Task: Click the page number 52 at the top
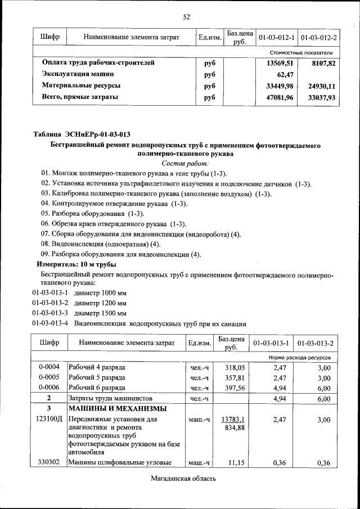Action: coord(186,17)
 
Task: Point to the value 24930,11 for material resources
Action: coord(322,86)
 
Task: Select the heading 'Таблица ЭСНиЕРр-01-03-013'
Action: coord(82,134)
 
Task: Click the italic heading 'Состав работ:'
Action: coord(185,163)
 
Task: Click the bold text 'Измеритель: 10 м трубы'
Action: coord(76,264)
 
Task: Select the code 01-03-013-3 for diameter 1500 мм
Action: coord(49,313)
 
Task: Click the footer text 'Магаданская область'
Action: coord(183,479)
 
